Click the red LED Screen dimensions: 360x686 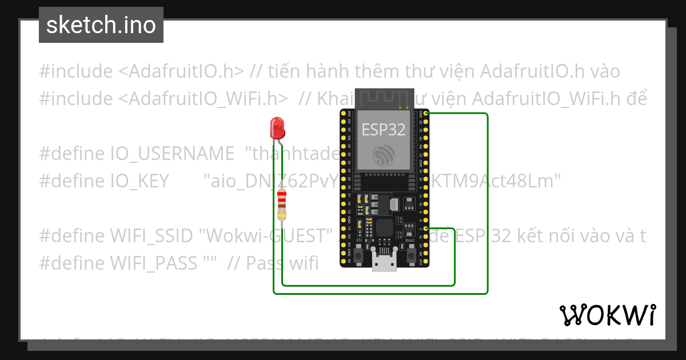pyautogui.click(x=278, y=127)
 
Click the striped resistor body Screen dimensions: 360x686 pyautogui.click(x=281, y=205)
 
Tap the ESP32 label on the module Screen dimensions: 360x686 pyautogui.click(x=383, y=130)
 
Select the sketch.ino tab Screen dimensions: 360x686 pyautogui.click(x=101, y=25)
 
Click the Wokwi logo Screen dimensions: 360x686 pyautogui.click(x=607, y=315)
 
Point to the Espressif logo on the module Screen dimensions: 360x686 pyautogui.click(x=383, y=155)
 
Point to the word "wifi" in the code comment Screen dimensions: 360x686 pyautogui.click(x=304, y=263)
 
